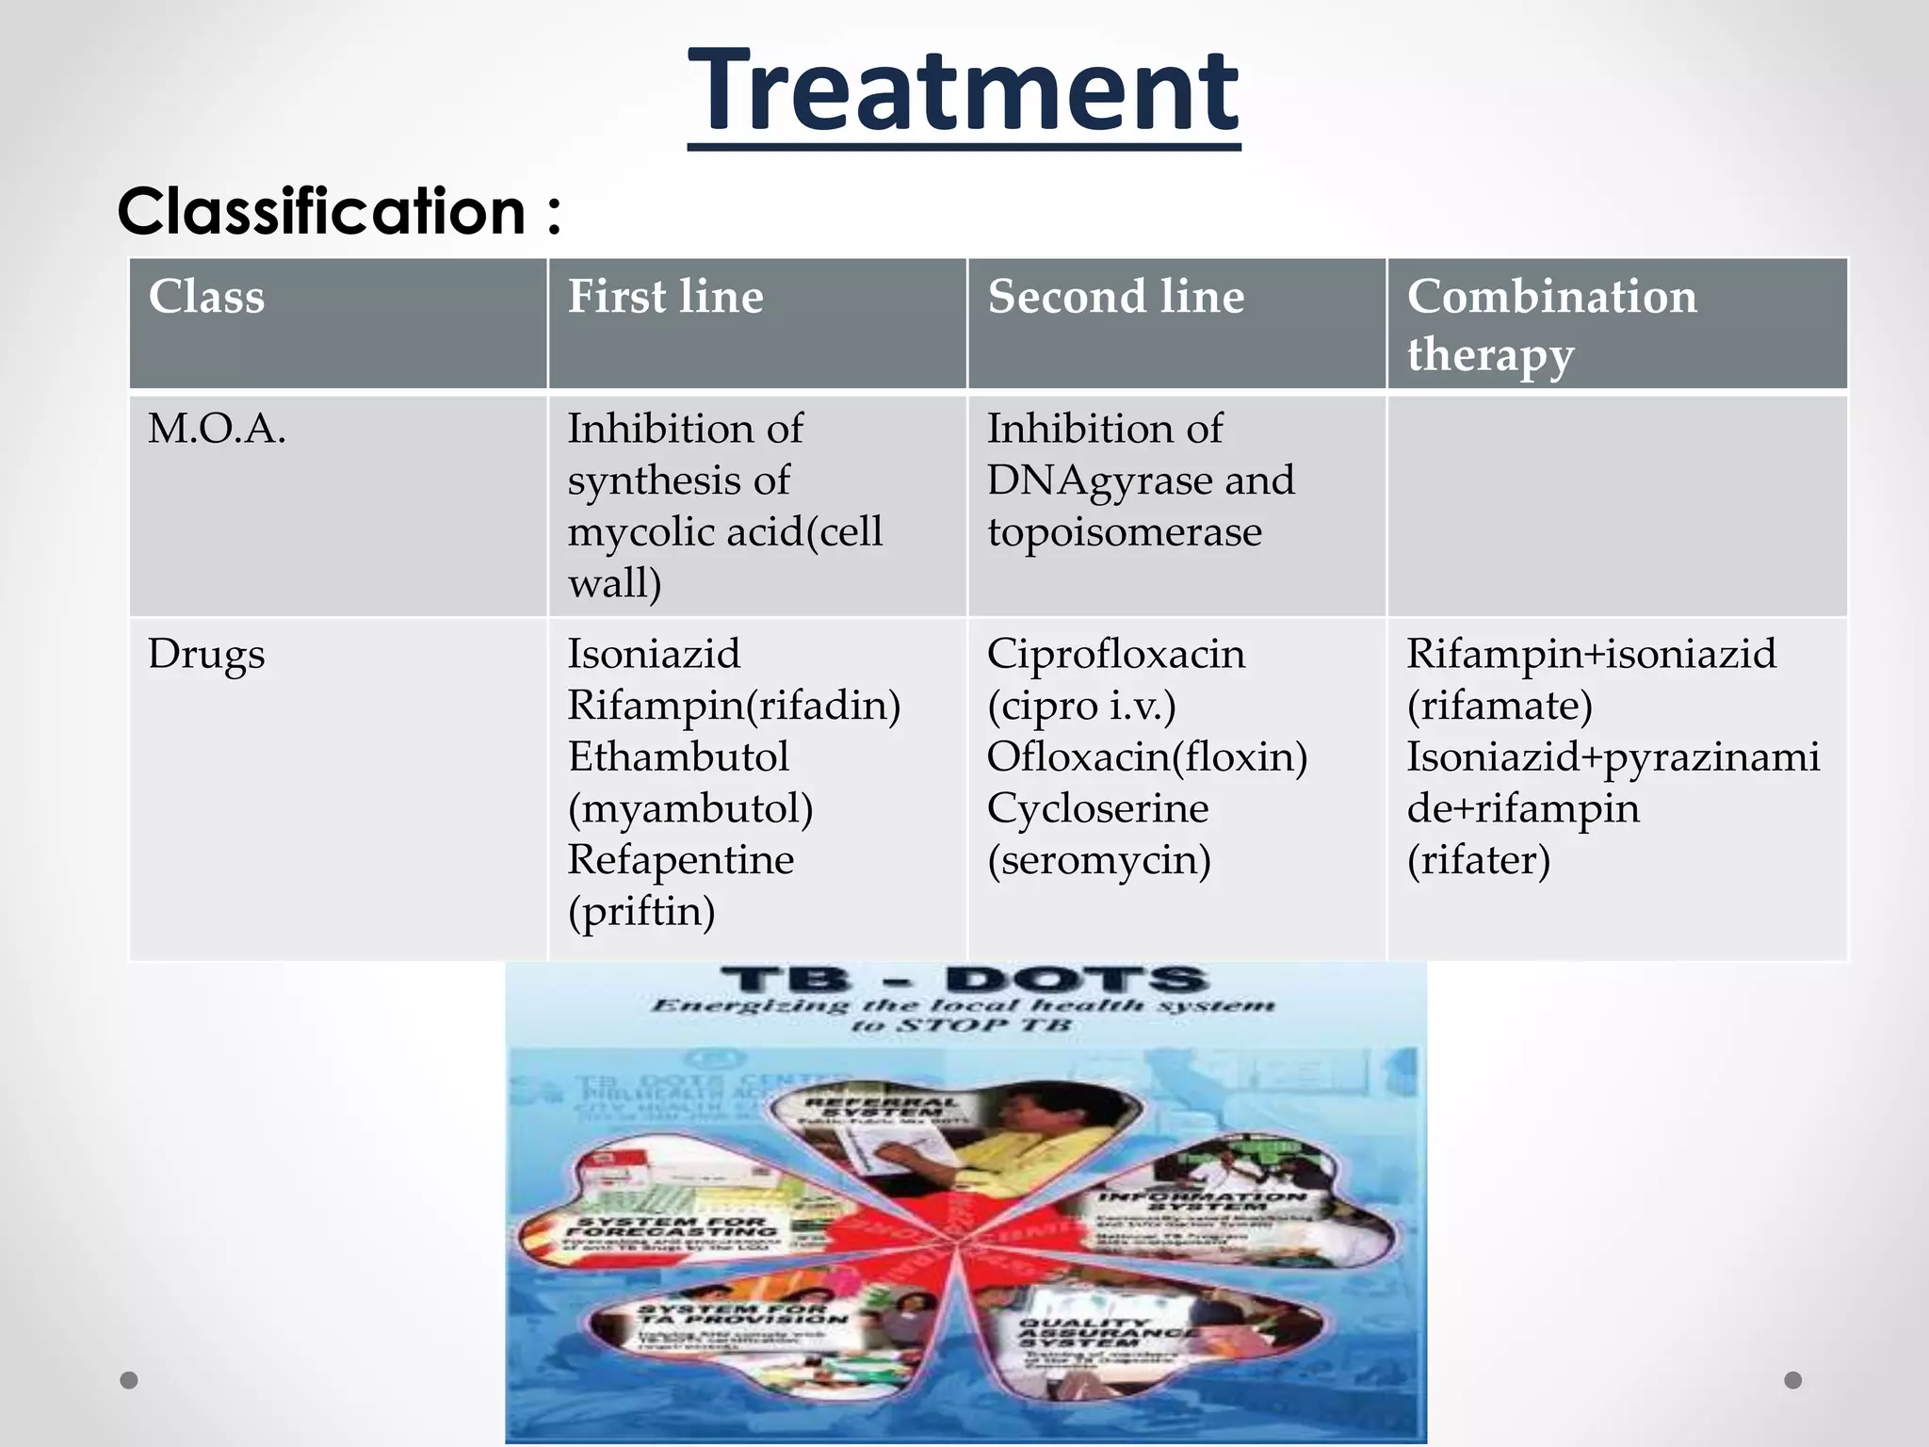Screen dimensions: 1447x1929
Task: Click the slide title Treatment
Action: (x=964, y=92)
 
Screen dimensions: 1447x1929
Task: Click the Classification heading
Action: (x=338, y=211)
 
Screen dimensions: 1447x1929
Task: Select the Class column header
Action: (x=206, y=297)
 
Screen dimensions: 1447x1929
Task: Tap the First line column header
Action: (x=665, y=297)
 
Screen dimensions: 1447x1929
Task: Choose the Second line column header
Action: (x=1115, y=297)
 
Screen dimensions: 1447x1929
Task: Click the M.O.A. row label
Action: (x=217, y=430)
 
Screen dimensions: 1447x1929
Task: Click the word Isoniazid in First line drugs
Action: (x=654, y=654)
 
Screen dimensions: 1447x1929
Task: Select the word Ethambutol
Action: (x=678, y=756)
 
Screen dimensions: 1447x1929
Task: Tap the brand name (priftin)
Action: (x=641, y=911)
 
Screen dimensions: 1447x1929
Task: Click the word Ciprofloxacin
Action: (x=1115, y=654)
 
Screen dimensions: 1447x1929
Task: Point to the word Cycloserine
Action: (x=1097, y=808)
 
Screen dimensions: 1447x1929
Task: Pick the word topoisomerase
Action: (x=1124, y=532)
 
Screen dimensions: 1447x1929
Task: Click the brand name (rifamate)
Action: (x=1499, y=706)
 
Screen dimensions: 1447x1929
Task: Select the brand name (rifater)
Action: (x=1478, y=860)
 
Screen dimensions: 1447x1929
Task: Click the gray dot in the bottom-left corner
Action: (x=130, y=1380)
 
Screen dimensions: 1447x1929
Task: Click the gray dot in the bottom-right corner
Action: (x=1793, y=1380)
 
